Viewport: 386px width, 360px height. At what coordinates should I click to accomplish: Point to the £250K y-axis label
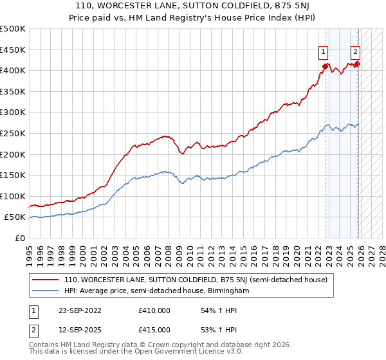coord(13,133)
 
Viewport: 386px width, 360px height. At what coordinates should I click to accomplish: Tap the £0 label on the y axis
coord(21,238)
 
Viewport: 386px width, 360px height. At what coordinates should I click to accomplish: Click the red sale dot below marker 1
coord(326,66)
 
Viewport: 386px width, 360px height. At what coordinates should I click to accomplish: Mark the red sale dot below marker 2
coord(358,64)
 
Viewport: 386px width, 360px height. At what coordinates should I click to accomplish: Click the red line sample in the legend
coord(45,280)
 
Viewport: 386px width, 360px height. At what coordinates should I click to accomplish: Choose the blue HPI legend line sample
coord(45,291)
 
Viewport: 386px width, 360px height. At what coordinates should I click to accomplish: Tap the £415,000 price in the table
coord(154,330)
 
